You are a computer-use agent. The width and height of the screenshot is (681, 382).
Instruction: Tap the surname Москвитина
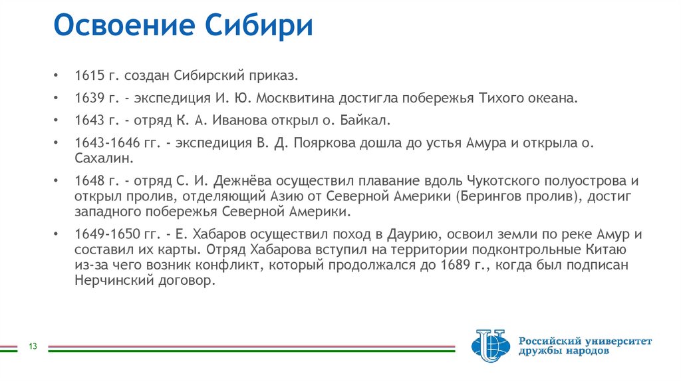point(301,98)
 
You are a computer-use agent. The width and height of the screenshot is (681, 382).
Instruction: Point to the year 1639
point(89,98)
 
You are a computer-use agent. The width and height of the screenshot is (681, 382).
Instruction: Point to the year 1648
point(89,182)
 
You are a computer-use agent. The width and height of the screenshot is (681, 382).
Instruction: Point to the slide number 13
point(32,346)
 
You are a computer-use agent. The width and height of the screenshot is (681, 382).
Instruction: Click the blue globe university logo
point(489,346)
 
